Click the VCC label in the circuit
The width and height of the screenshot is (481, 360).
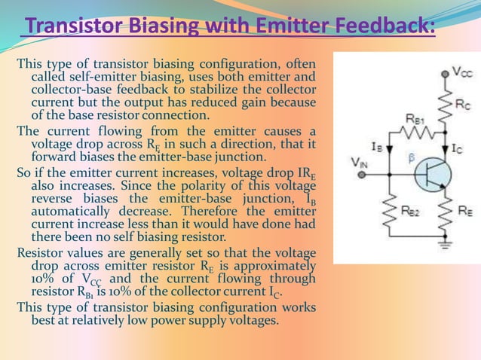pos(463,72)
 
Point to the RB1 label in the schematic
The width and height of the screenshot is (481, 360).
pos(414,118)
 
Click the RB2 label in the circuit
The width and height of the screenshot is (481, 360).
pos(410,212)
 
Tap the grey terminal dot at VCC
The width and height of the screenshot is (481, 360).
pos(443,73)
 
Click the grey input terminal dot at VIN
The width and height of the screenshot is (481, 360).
pos(362,175)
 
